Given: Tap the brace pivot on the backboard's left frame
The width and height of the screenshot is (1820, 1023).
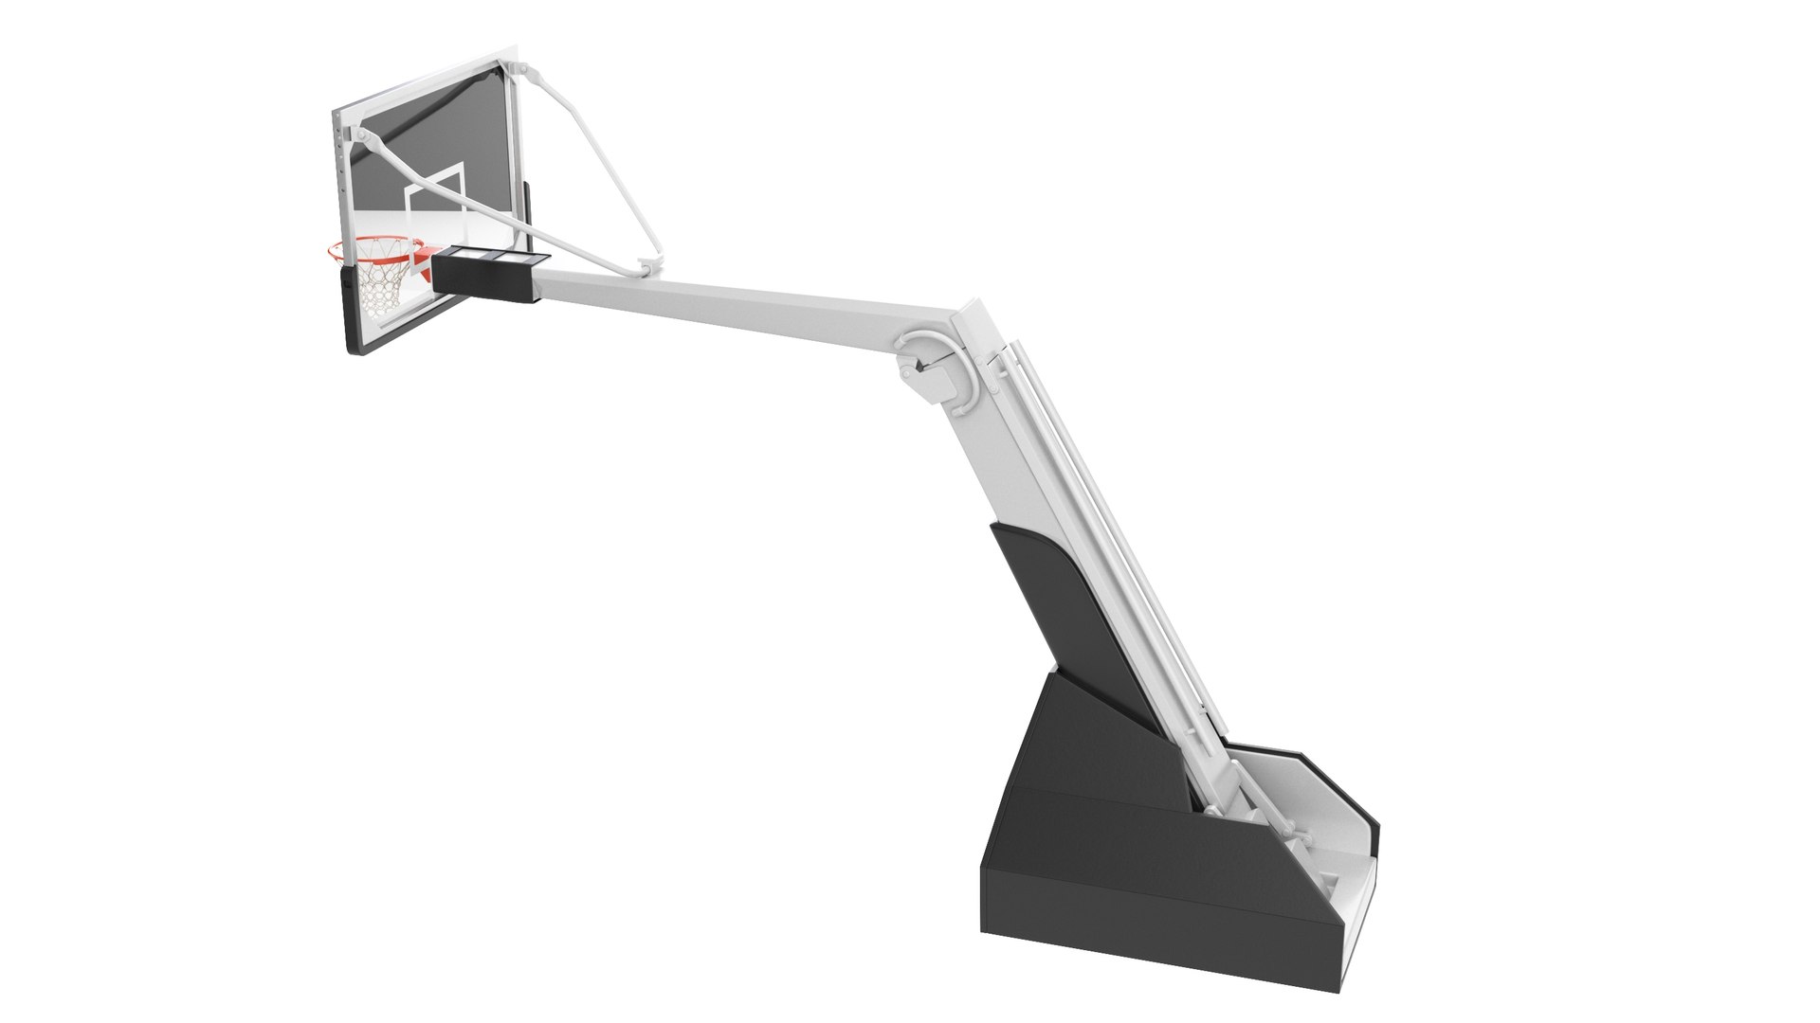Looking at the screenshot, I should coord(361,140).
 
